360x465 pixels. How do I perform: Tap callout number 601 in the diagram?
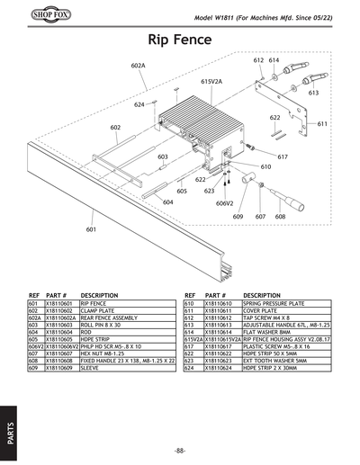(x=91, y=230)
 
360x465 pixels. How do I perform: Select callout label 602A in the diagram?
(x=138, y=67)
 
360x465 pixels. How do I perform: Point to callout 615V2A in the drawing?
(x=211, y=81)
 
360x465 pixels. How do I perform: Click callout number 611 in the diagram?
(x=321, y=124)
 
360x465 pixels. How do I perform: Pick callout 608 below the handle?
(x=280, y=217)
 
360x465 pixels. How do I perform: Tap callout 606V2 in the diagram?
(x=224, y=203)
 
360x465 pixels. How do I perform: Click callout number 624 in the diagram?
(x=139, y=105)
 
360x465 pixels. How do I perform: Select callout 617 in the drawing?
(x=282, y=157)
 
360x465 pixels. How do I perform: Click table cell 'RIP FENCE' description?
(x=94, y=304)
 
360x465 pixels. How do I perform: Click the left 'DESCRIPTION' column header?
(x=99, y=295)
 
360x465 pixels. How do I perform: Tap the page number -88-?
(x=180, y=450)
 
